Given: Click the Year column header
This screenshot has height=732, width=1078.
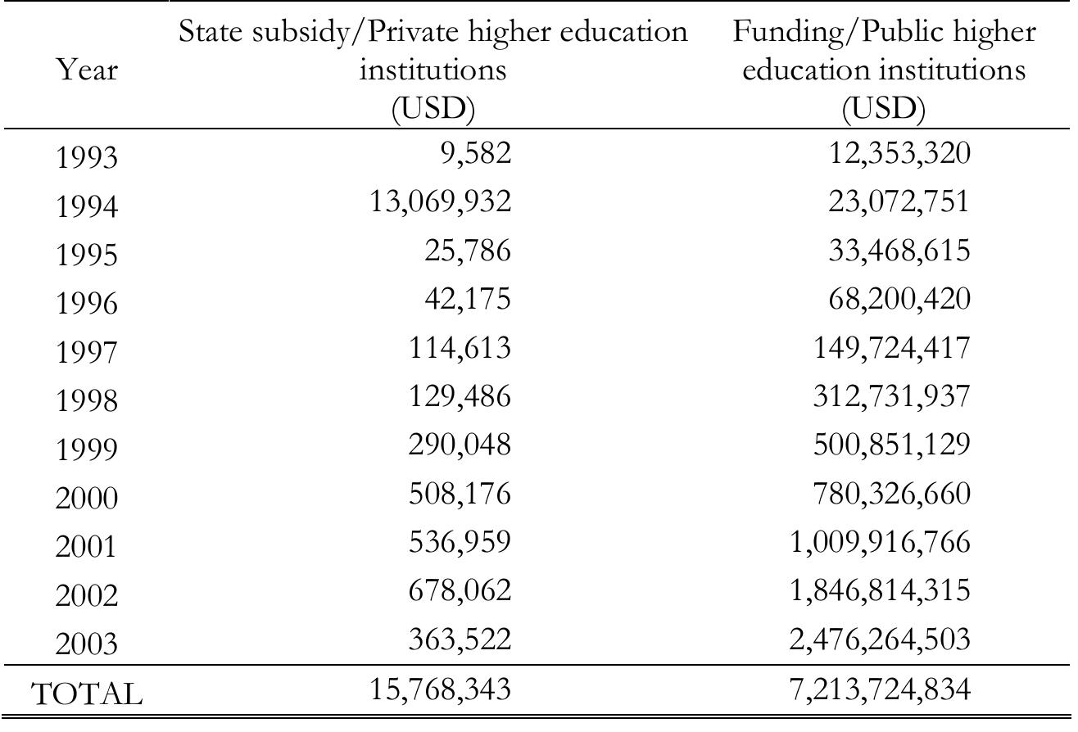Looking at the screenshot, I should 86,71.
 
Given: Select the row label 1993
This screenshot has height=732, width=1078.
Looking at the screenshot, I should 86,157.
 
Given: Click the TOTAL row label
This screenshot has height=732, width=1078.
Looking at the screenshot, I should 86,694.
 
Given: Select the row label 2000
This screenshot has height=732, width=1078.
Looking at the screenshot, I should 86,498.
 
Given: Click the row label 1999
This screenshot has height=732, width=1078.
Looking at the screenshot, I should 86,450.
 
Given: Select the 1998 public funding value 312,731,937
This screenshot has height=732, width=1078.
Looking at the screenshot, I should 888,396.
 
